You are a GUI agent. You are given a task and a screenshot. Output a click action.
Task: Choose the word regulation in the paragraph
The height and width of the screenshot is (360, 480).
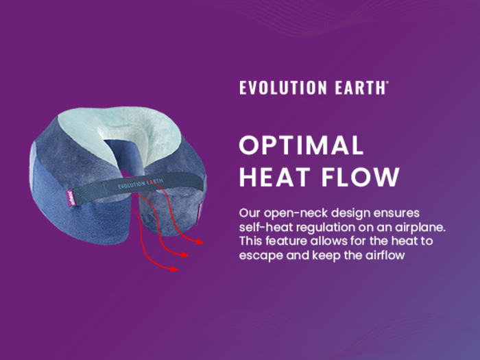[321, 226]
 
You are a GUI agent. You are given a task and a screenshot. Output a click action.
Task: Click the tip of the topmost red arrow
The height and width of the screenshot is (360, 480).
[204, 243]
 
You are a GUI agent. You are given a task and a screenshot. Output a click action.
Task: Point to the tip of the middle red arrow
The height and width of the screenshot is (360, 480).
[188, 255]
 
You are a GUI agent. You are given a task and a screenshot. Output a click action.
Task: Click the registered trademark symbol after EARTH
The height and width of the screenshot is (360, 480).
[387, 83]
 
